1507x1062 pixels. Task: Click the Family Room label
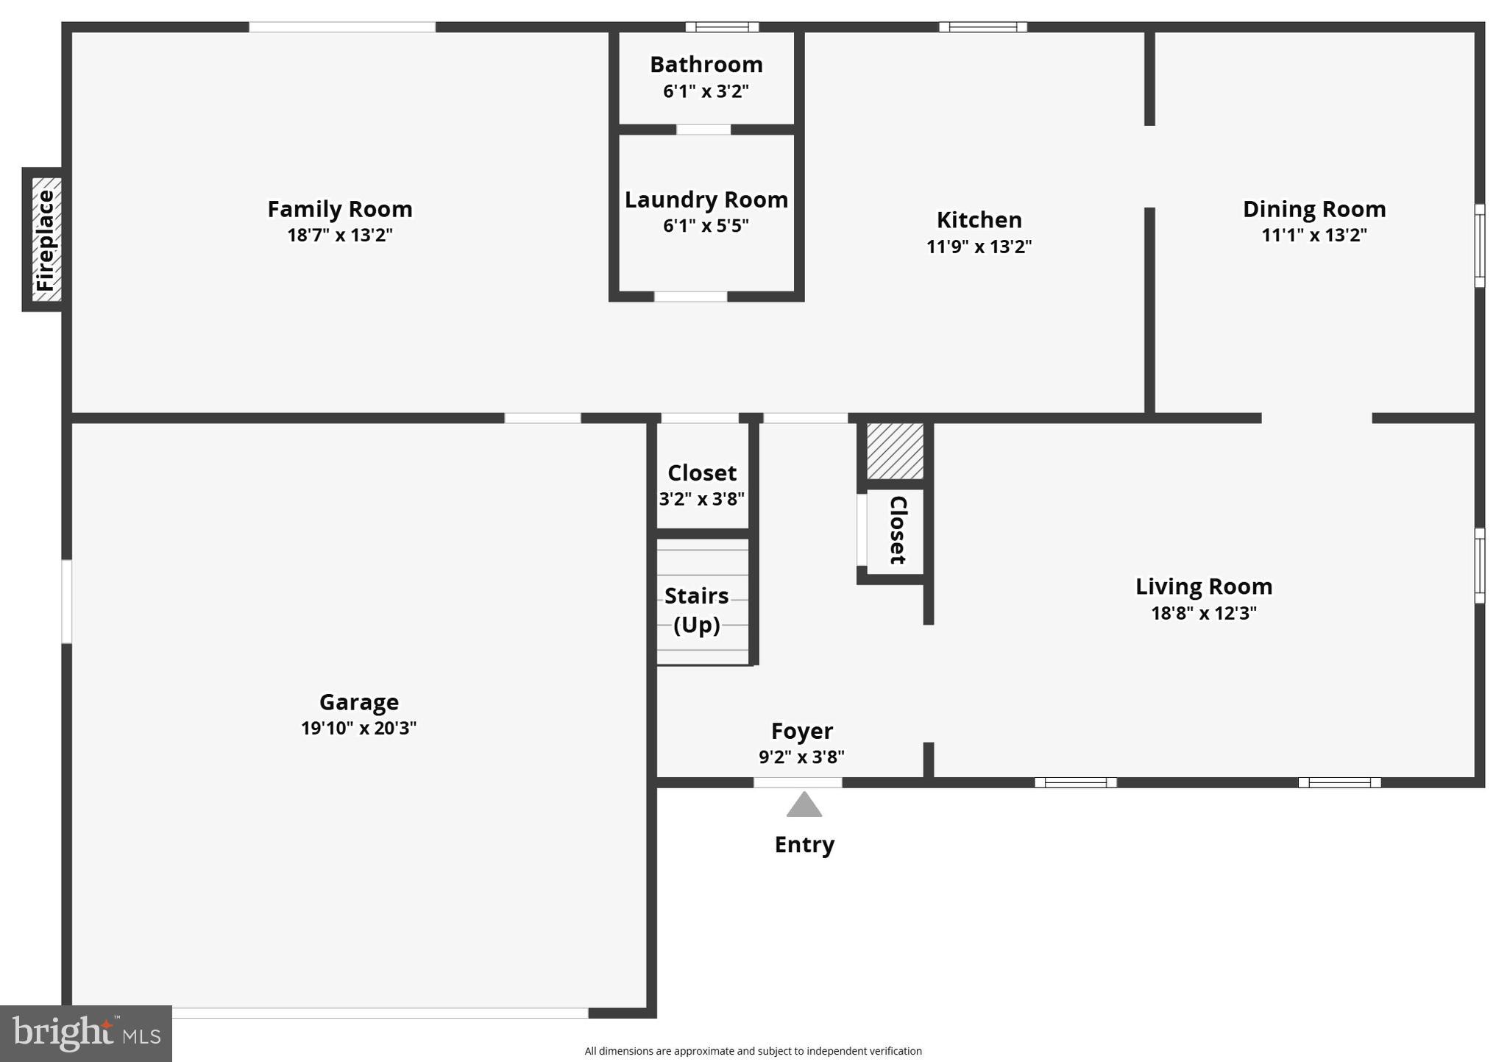[x=339, y=209]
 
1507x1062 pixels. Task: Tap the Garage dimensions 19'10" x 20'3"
[x=358, y=728]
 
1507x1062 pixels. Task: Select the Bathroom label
[x=706, y=65]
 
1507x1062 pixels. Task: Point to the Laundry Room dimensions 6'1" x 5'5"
[x=706, y=225]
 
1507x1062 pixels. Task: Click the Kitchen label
[x=979, y=219]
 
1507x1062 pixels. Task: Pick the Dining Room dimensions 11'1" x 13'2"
[x=1314, y=235]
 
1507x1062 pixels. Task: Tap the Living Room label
[x=1203, y=587]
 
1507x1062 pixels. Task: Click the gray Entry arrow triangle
[x=804, y=805]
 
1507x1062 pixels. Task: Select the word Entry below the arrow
[x=804, y=844]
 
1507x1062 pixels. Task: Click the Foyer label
[x=801, y=731]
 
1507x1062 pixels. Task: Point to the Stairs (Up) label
[x=696, y=609]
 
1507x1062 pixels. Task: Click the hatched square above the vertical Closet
[x=895, y=450]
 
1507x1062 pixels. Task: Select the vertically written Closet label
[x=898, y=530]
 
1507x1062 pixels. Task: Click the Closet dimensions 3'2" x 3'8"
[x=701, y=499]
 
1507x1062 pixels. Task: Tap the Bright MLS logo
[x=86, y=1033]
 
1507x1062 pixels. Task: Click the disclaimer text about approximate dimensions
[x=753, y=1051]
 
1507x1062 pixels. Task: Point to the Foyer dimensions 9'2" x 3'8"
[x=801, y=757]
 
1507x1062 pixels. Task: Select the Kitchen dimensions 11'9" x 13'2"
[x=979, y=247]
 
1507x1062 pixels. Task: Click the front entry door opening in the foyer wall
[x=798, y=782]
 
